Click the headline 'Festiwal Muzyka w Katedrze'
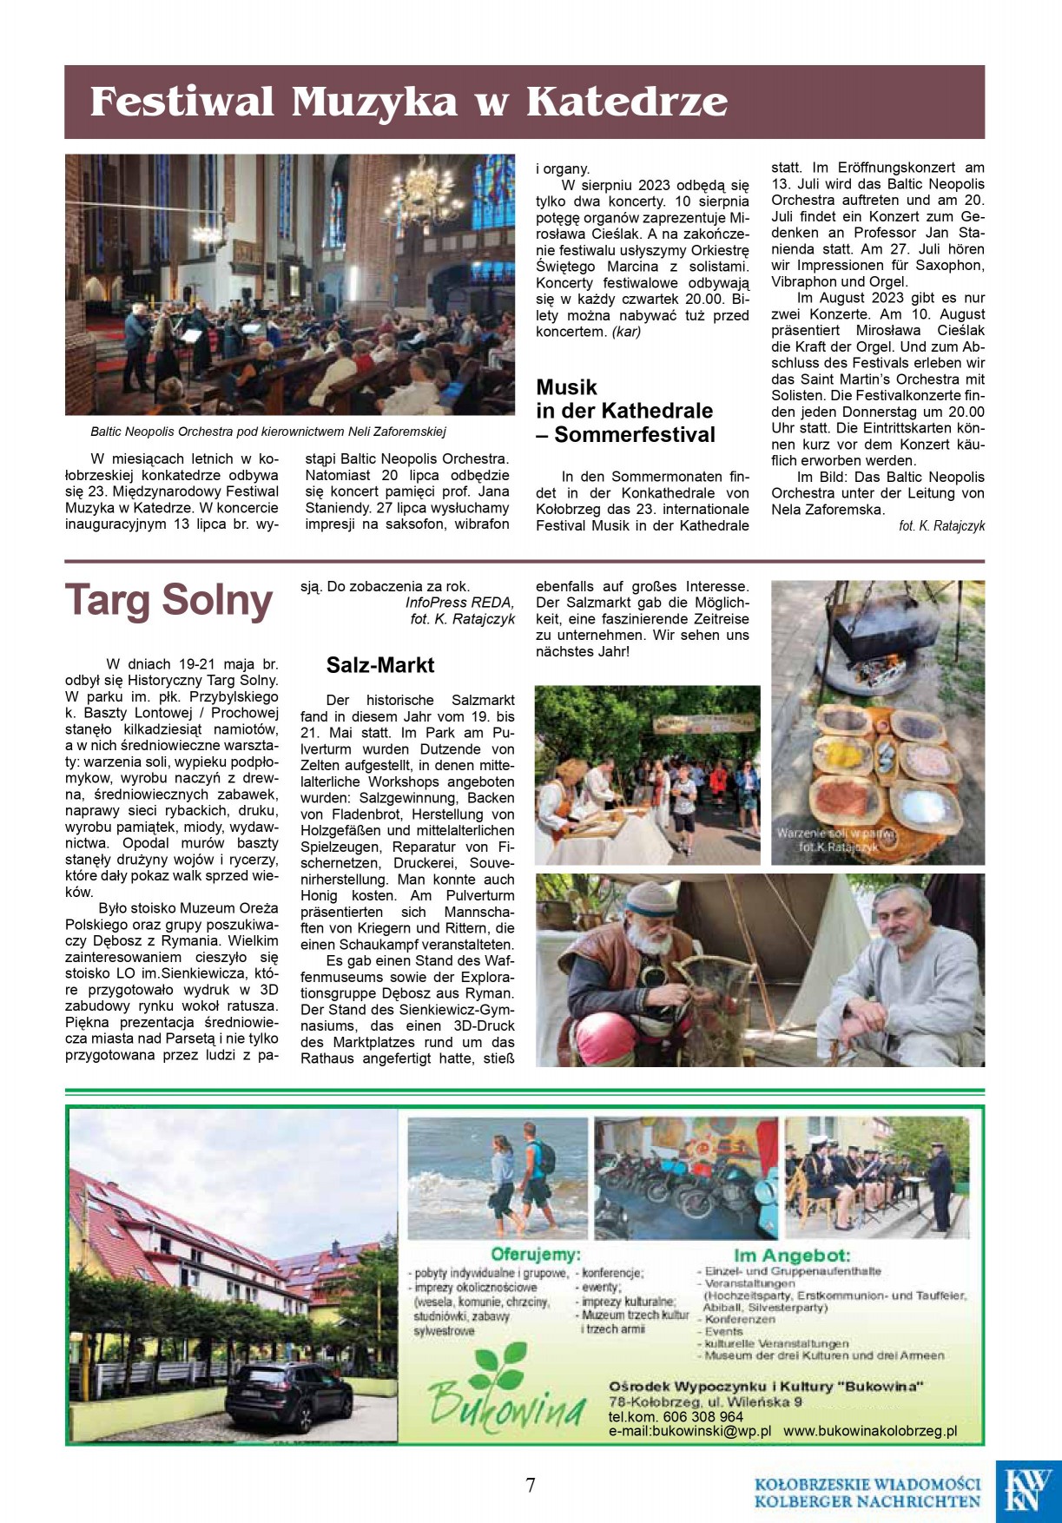408,102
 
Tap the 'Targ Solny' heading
169,601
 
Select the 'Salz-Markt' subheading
380,665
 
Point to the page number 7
531,1486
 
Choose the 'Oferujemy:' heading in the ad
536,1254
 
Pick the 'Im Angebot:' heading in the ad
792,1256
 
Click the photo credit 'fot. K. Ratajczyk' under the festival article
941,526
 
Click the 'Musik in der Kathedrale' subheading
624,411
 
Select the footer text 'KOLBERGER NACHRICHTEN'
867,1501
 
